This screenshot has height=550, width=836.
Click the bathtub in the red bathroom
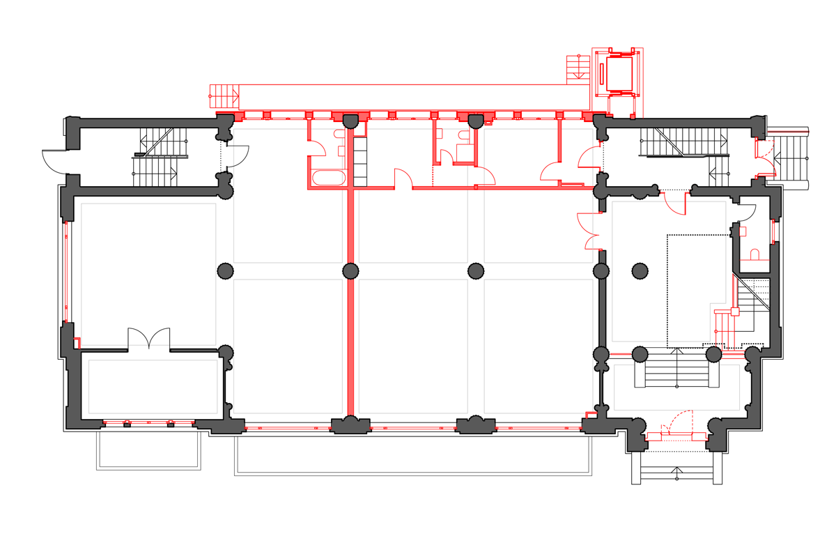coord(329,178)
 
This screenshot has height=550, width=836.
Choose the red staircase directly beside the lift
coord(577,68)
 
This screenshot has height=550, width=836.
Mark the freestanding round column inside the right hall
coord(640,270)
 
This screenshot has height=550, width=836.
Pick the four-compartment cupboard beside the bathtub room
coord(360,162)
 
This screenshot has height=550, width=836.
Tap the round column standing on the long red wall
coord(350,270)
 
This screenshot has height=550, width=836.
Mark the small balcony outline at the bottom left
coord(148,450)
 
